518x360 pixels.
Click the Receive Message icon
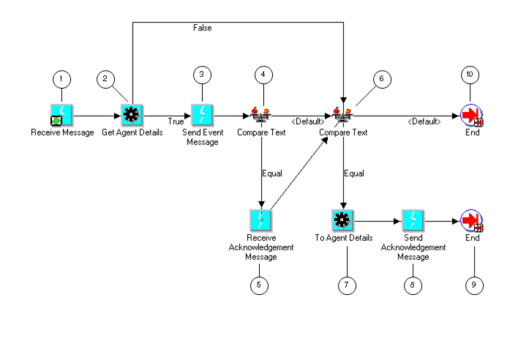click(61, 115)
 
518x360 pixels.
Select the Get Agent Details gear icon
click(132, 115)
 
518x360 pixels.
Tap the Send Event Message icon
click(201, 115)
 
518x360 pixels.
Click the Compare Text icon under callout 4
click(260, 115)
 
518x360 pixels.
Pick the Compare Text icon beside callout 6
click(343, 115)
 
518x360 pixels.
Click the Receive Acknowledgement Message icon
click(260, 220)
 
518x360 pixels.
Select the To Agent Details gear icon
click(343, 220)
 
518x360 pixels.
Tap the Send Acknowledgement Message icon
click(413, 220)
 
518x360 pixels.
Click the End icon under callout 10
click(472, 115)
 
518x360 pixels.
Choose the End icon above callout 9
click(472, 220)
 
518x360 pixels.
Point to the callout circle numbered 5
click(260, 285)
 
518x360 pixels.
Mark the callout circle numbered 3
click(201, 75)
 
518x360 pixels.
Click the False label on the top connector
click(203, 29)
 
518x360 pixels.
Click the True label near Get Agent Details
click(176, 121)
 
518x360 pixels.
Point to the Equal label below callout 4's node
click(272, 173)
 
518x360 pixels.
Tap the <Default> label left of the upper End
click(424, 121)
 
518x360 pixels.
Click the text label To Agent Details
click(343, 238)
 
